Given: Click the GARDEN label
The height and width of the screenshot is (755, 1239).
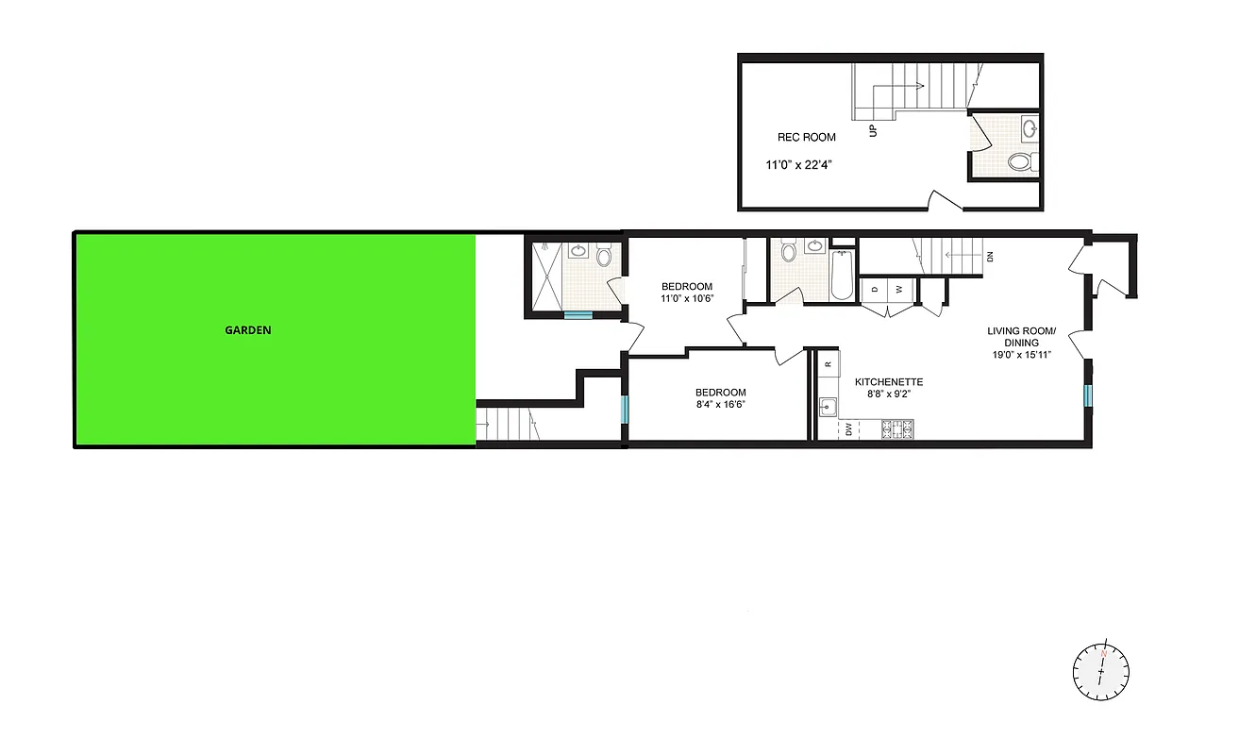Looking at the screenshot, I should [248, 330].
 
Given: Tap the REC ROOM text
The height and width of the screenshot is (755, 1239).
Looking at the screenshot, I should [806, 137].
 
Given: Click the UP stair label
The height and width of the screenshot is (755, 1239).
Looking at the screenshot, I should [873, 130].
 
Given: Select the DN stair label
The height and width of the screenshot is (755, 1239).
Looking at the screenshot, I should [989, 256].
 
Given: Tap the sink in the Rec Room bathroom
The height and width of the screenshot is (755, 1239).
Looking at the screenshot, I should [1030, 127].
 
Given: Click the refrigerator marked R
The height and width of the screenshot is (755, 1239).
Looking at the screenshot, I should [828, 363].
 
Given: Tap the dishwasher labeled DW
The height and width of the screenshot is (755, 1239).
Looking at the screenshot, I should [849, 429].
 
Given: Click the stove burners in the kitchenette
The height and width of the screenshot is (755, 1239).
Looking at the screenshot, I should [896, 429].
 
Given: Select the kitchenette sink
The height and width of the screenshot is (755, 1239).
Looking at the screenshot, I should [828, 407].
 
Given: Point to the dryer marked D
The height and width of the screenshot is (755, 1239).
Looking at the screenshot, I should [875, 289].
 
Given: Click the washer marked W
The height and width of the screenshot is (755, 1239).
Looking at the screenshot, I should [899, 289].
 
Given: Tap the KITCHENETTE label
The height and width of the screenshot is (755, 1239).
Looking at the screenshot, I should [889, 382].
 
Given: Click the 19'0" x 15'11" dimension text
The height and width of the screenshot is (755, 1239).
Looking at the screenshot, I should [1021, 355].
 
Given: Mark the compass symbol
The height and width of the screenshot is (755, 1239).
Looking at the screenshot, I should [1100, 671].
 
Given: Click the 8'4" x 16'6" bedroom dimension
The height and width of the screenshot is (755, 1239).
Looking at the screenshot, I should [721, 406].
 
